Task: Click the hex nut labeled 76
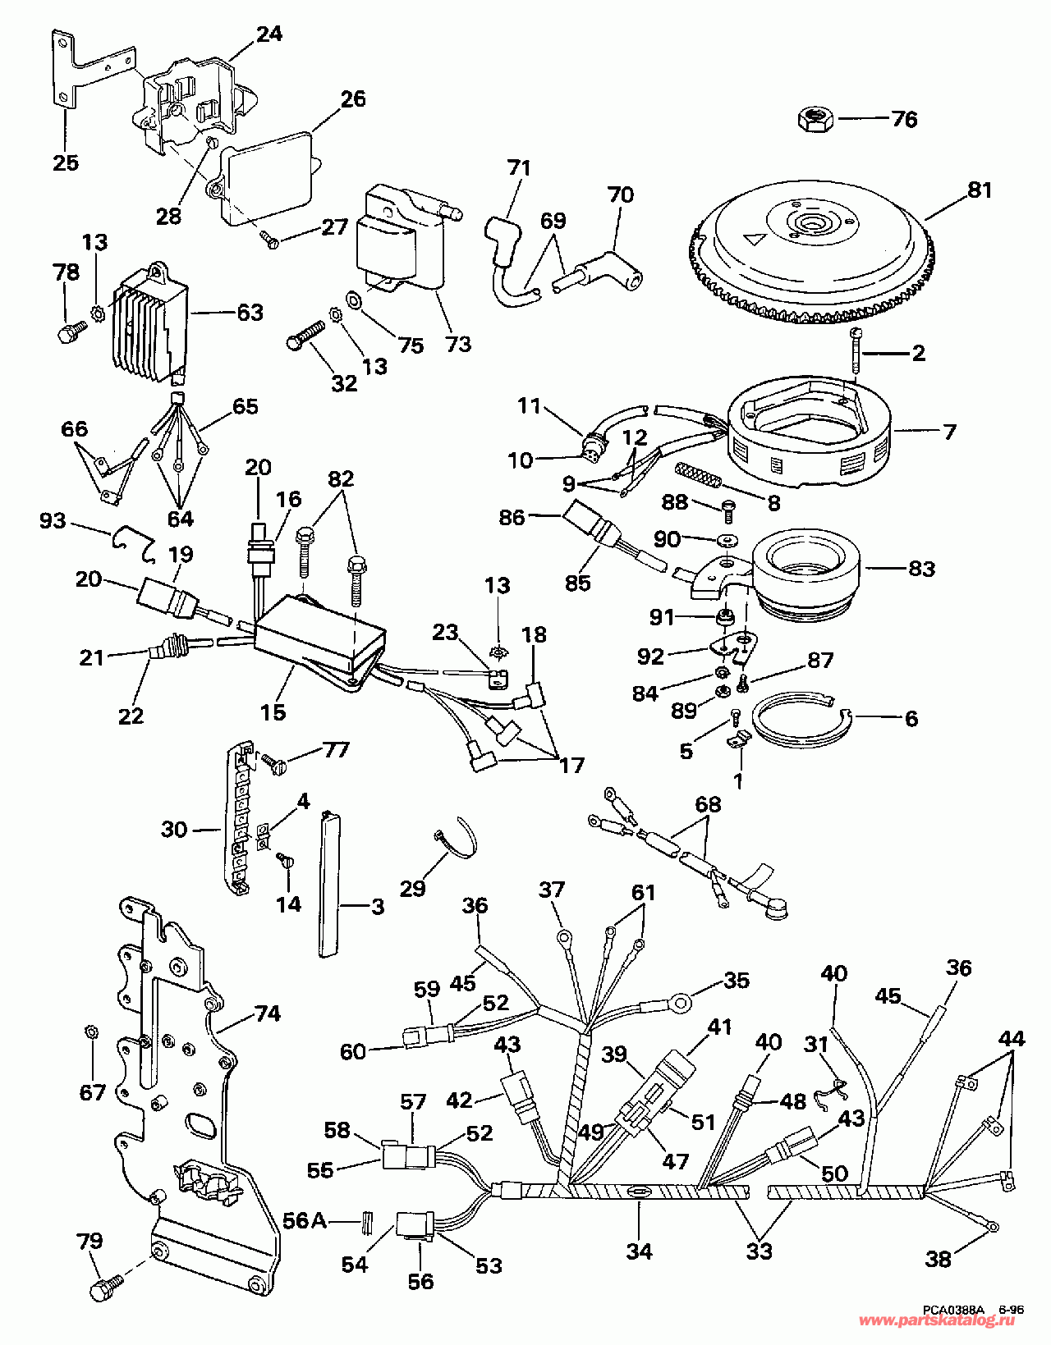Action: coord(815,121)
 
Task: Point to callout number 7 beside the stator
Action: coord(949,432)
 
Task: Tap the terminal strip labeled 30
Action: coord(239,821)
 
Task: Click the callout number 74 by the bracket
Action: coord(268,1013)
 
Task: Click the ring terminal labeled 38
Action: coord(992,1228)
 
